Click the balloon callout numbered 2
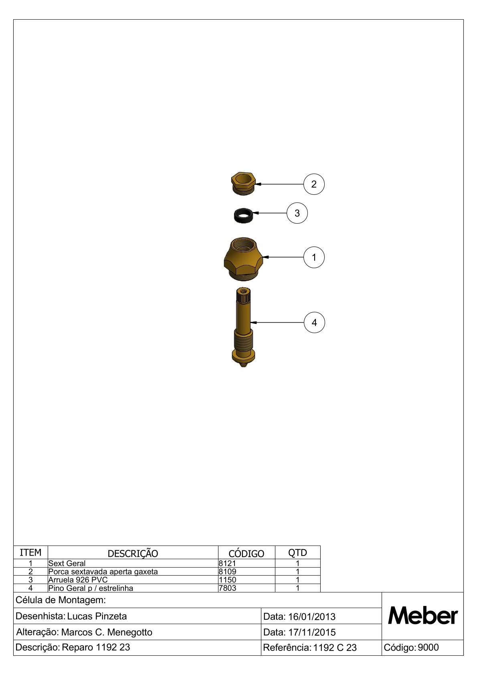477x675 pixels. coord(314,184)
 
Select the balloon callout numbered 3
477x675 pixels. coord(297,213)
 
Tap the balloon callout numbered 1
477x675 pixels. coord(314,257)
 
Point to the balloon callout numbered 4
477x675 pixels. coord(314,322)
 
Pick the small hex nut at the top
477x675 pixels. coord(243,184)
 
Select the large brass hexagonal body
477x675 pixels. coord(243,259)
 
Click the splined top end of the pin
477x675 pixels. coord(243,296)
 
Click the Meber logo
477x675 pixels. coord(423,616)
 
